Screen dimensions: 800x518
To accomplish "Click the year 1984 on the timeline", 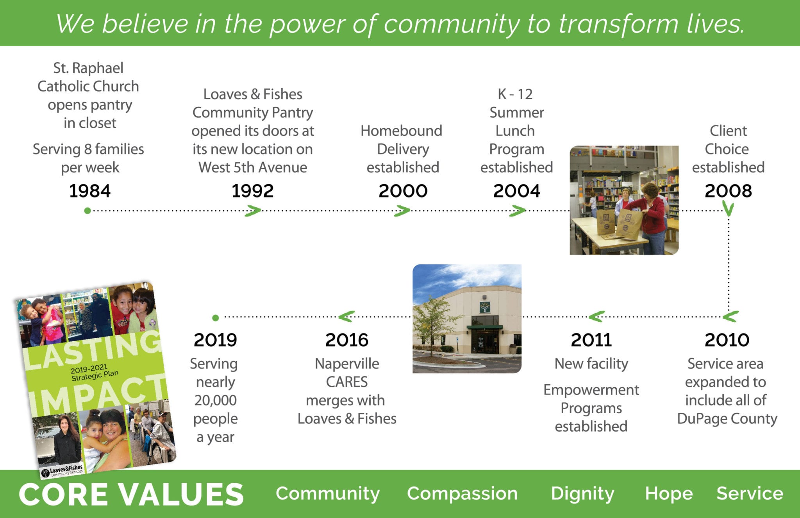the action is [x=90, y=191].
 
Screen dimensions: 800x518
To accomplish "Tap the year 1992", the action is [x=252, y=191].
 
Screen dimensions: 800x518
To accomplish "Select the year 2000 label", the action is [x=403, y=191].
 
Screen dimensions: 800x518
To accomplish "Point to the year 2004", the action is [x=516, y=191].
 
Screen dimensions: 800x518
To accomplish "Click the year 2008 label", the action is [x=728, y=191].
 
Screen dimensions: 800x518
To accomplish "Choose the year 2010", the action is [x=727, y=340].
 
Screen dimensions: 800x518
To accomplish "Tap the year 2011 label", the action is [x=591, y=340].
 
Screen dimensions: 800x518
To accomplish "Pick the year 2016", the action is [x=347, y=340].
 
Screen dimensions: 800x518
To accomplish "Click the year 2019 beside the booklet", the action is [x=215, y=340].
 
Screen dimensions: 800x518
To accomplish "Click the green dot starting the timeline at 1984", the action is [x=87, y=211].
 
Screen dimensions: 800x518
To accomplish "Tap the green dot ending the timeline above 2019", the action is [x=216, y=318].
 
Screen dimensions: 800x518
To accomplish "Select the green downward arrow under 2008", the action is [x=728, y=208].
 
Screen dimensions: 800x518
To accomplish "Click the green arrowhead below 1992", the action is [x=253, y=211].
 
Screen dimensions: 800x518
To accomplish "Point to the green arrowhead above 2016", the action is [x=346, y=316].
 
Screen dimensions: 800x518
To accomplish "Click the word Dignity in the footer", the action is [x=582, y=494].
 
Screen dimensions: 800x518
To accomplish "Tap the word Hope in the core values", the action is [x=669, y=494].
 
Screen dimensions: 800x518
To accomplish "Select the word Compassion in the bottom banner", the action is [x=462, y=494].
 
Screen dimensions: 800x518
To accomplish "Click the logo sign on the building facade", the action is [x=485, y=307].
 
